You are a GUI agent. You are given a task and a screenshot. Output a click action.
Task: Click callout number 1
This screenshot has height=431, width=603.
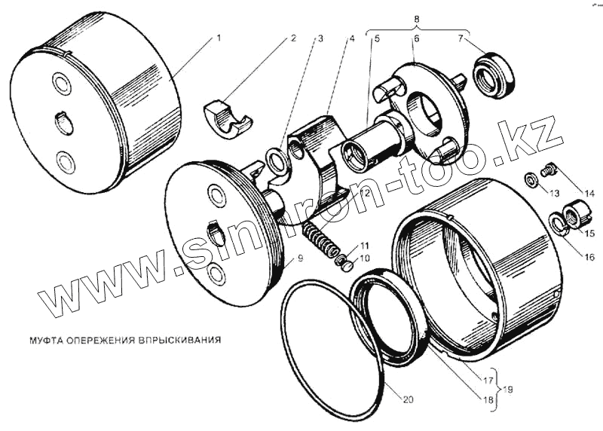click(x=219, y=38)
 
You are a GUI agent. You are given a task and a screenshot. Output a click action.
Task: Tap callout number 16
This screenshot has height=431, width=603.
click(x=589, y=257)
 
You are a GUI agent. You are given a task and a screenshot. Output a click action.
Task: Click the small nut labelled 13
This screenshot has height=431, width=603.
click(x=531, y=179)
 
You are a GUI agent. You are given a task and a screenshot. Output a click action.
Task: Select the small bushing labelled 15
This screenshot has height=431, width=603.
click(x=576, y=215)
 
